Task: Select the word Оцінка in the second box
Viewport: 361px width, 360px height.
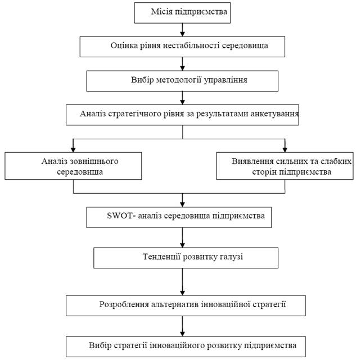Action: tap(124, 45)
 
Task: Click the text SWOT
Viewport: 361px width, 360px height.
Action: tap(120, 216)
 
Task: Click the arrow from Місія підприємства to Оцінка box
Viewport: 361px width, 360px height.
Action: tap(182, 30)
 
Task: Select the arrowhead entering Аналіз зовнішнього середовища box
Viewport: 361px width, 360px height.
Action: tap(73, 149)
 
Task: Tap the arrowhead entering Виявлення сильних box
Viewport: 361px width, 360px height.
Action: tap(285, 149)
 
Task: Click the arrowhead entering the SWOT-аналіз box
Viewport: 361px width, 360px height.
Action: tap(182, 204)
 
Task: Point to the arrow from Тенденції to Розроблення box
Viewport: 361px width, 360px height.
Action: tap(182, 282)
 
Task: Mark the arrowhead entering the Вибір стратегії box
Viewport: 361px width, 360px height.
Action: tap(182, 334)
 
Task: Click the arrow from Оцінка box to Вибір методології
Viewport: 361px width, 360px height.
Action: tap(182, 64)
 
